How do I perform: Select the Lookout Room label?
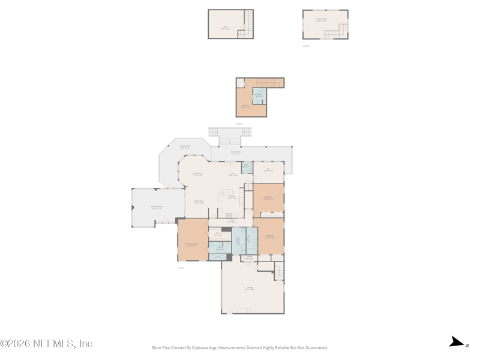pyautogui.click(x=322, y=19)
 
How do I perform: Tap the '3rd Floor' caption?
pyautogui.click(x=306, y=46)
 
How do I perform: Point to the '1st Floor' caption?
pyautogui.click(x=181, y=268)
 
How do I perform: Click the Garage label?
pyautogui.click(x=250, y=289)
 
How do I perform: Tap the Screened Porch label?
pyautogui.click(x=157, y=208)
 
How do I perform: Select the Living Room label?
pyautogui.click(x=197, y=174)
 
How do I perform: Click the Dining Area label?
pyautogui.click(x=199, y=202)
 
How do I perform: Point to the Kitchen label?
pyautogui.click(x=232, y=197)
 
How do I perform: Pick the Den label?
pyautogui.click(x=268, y=170)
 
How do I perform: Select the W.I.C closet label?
pyautogui.click(x=217, y=235)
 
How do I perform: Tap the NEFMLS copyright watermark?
pyautogui.click(x=47, y=344)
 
